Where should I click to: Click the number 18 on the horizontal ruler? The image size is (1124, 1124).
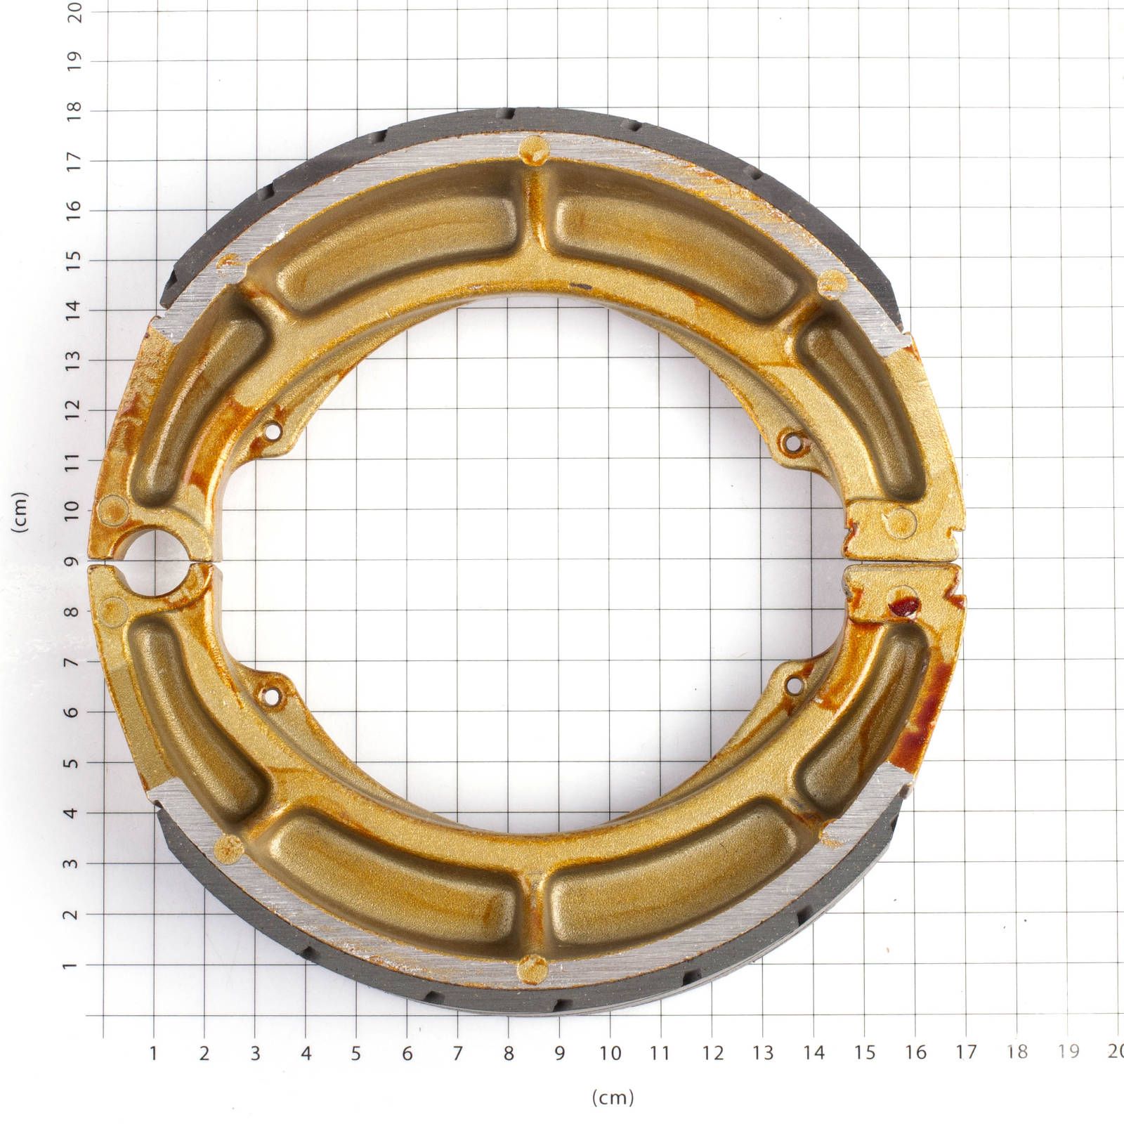[1017, 1052]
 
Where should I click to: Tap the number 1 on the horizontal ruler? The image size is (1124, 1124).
[153, 1052]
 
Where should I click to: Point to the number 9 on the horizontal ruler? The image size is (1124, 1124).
[559, 1052]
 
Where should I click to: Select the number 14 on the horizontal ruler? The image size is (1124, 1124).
[813, 1052]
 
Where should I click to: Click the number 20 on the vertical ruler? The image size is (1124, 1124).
[74, 11]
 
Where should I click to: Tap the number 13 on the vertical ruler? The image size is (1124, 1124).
[73, 360]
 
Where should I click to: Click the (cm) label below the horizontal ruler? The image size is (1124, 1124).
[613, 1097]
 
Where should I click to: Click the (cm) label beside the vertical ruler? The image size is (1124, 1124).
[21, 511]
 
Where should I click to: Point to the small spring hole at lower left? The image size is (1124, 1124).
[270, 696]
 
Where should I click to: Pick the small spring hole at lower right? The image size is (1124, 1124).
[793, 683]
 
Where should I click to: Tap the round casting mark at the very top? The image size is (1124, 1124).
[533, 149]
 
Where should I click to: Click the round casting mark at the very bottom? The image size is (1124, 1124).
[532, 969]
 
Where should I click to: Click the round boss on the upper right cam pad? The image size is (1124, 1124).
[901, 522]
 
